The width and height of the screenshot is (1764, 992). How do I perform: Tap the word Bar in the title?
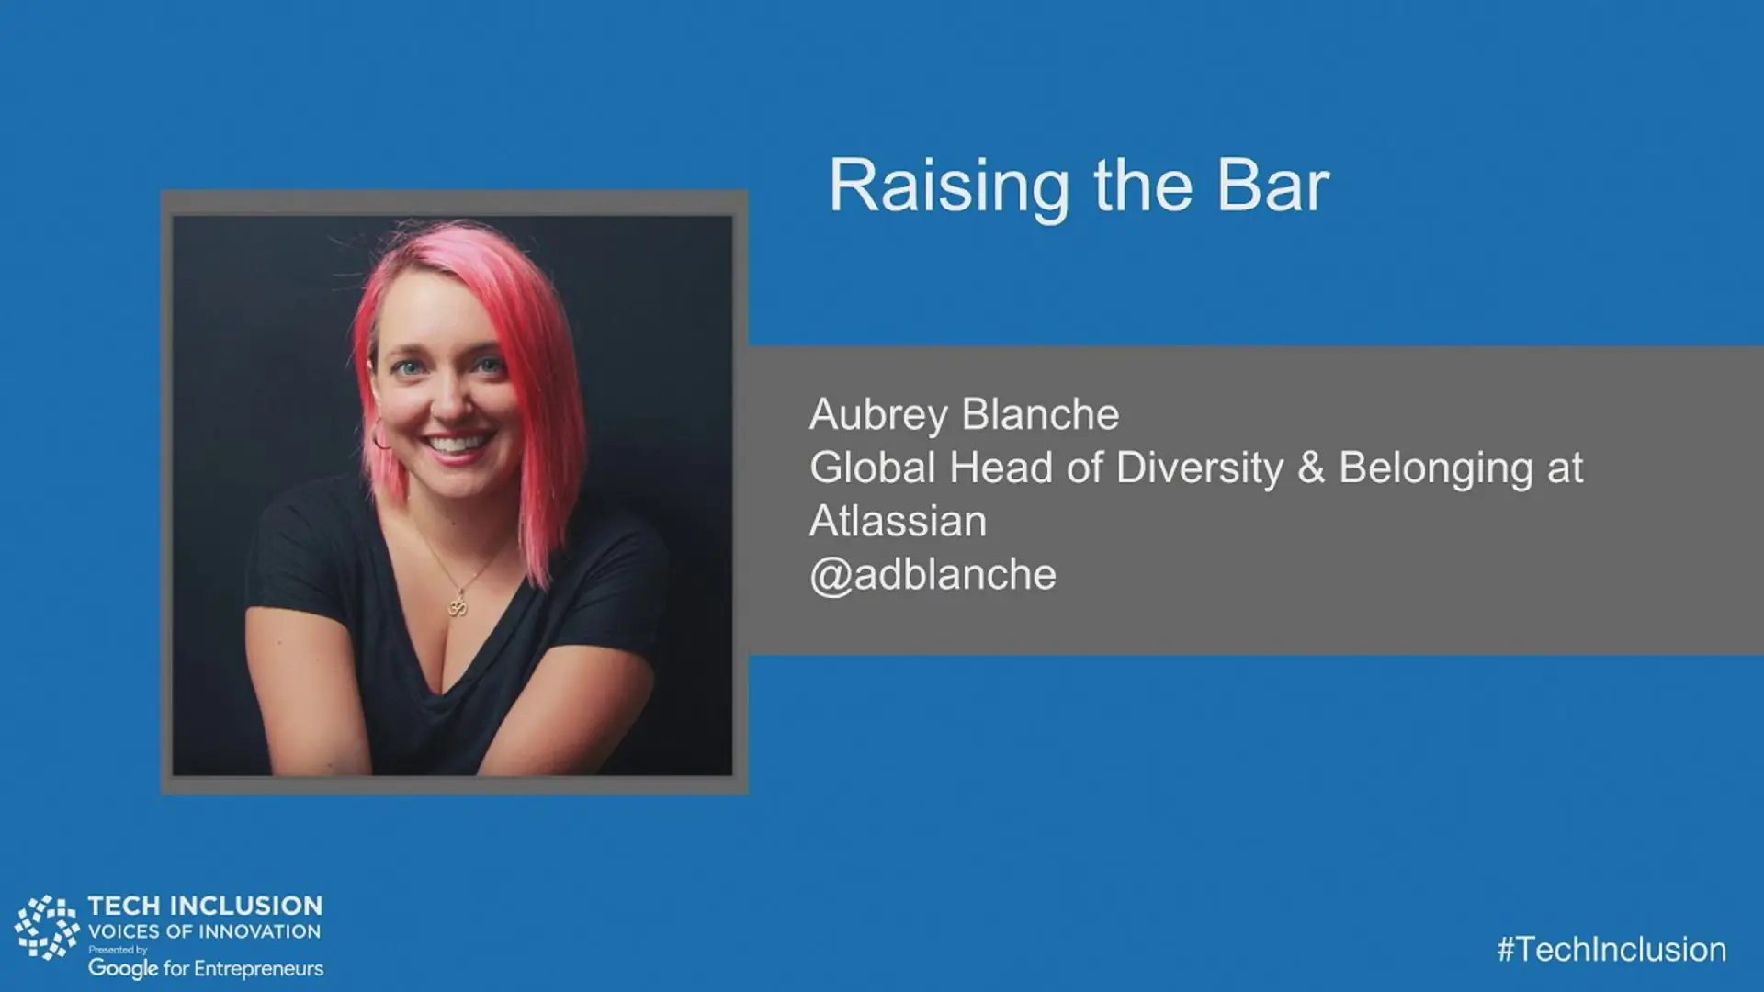[x=1273, y=186]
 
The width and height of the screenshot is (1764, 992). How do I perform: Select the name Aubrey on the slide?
[x=878, y=416]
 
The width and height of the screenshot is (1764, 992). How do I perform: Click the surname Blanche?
[x=1041, y=414]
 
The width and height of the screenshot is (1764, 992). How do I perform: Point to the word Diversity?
[x=1200, y=469]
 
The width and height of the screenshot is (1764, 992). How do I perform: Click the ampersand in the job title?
[x=1312, y=468]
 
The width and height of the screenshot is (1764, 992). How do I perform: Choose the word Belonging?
[x=1436, y=469]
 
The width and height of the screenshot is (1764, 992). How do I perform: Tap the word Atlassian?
[x=899, y=521]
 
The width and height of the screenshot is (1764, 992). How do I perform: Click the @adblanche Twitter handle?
[x=933, y=576]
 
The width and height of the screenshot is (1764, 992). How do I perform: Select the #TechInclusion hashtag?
[x=1611, y=949]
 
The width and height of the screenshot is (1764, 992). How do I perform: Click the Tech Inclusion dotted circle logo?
[x=47, y=928]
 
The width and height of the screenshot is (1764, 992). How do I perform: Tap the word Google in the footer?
[x=123, y=969]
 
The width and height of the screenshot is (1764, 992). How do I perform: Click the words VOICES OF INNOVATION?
[x=204, y=931]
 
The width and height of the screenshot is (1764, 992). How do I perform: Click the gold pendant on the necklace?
[x=458, y=606]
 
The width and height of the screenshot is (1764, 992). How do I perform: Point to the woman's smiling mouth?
[x=458, y=445]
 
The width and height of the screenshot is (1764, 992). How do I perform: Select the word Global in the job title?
[x=873, y=468]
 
